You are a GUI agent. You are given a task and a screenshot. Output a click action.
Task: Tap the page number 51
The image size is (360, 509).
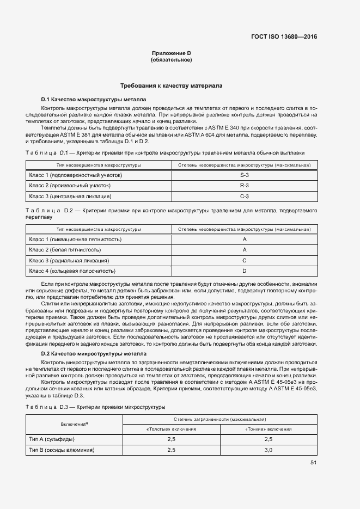(313, 463)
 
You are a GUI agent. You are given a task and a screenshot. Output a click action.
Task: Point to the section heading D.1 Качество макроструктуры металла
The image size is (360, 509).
(93, 100)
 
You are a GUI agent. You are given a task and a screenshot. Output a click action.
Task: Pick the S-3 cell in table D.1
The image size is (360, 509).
(245, 175)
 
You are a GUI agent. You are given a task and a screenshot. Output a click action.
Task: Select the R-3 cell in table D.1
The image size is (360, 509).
(245, 186)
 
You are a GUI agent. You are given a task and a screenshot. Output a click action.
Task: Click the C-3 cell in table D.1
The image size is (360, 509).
(245, 196)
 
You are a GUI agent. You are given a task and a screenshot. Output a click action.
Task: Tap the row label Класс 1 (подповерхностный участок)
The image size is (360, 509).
(75, 175)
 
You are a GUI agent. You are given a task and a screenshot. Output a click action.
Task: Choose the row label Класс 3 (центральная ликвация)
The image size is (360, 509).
(70, 196)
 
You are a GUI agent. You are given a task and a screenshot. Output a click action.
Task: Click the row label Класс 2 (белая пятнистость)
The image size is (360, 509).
(65, 250)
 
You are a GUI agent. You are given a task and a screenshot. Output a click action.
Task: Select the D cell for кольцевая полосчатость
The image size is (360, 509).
(245, 271)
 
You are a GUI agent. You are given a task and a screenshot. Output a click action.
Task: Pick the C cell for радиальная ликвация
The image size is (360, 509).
(245, 260)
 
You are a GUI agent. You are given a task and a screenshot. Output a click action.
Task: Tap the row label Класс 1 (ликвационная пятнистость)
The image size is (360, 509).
(75, 240)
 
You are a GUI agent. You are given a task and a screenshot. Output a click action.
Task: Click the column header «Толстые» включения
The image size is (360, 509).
(172, 429)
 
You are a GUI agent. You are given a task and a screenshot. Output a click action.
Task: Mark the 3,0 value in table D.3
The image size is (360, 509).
(268, 450)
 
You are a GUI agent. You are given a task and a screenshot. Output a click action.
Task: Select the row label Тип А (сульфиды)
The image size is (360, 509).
(52, 439)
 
